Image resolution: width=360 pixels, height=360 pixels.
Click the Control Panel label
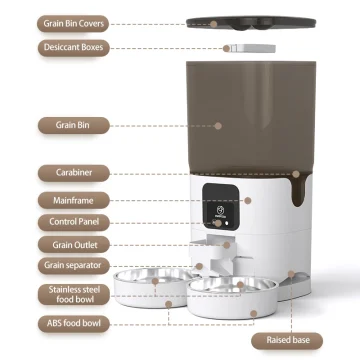[72, 221]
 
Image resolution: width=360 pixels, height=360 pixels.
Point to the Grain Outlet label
[71, 244]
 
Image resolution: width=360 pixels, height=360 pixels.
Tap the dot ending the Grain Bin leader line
[219, 126]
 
